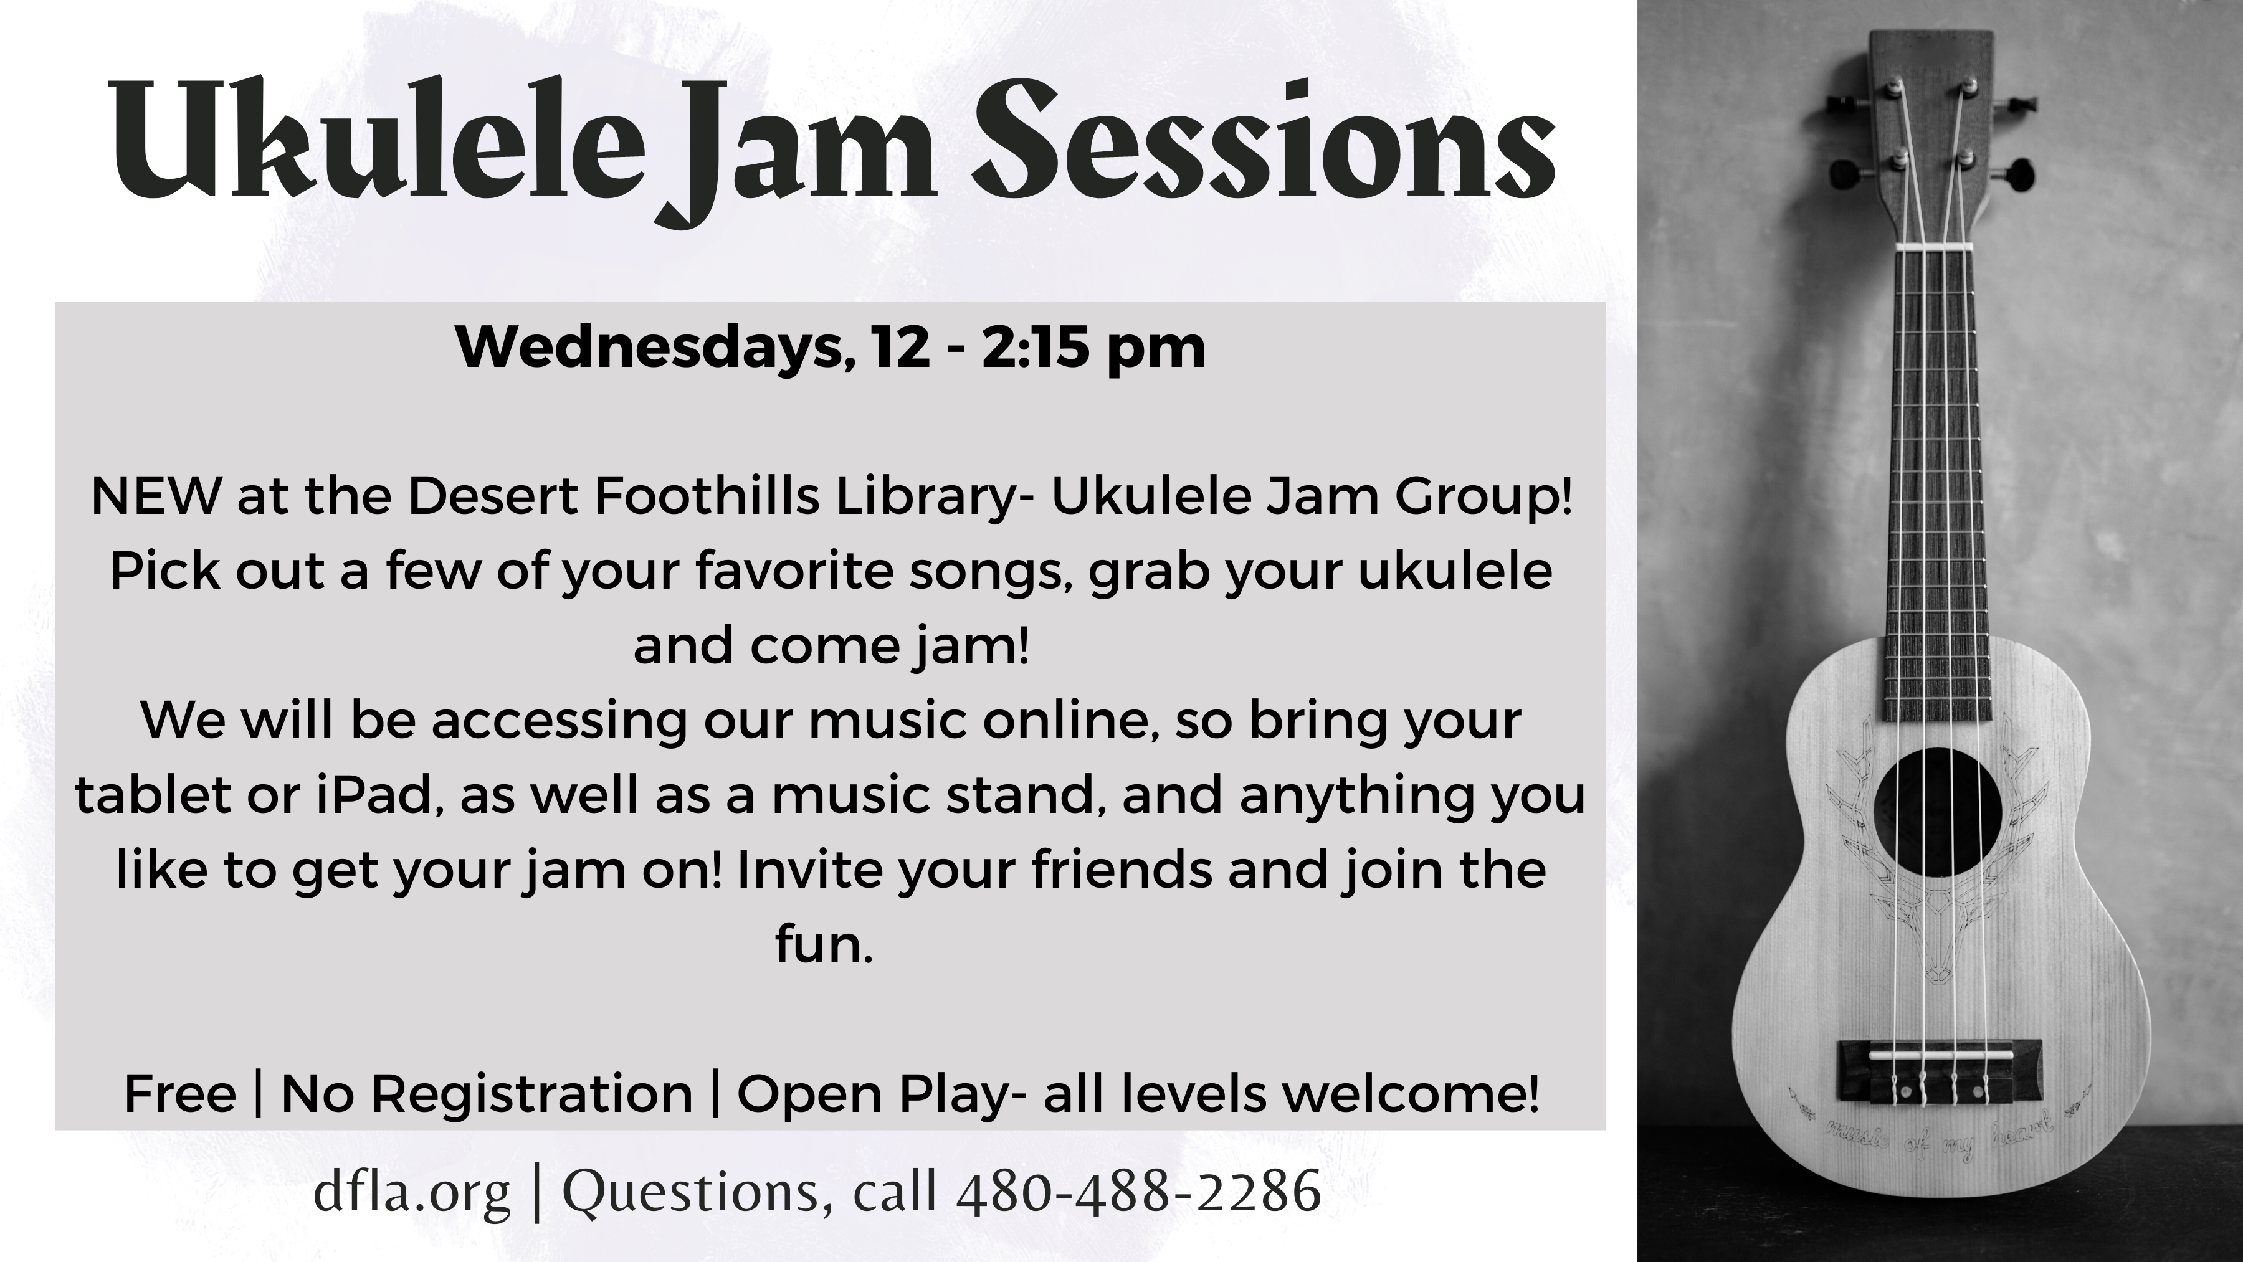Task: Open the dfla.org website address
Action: (411, 1194)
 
